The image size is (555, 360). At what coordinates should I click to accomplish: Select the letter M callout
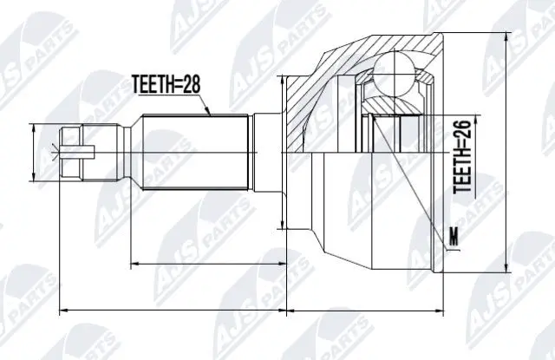click(x=455, y=235)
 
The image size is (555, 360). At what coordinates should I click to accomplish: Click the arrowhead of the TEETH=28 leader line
click(x=208, y=113)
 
